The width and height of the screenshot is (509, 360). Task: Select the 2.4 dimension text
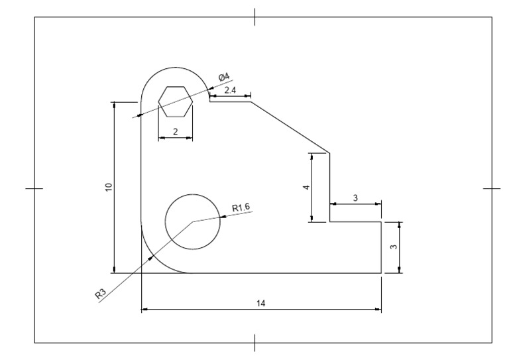tap(230, 90)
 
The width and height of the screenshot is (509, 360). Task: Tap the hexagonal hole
tap(175, 101)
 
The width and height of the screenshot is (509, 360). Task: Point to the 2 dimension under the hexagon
tap(175, 131)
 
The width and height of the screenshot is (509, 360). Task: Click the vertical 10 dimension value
tap(108, 187)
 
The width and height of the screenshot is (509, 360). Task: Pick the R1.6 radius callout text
tap(241, 208)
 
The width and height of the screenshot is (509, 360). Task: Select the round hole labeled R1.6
tap(192, 221)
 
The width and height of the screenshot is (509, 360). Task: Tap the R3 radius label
tap(101, 294)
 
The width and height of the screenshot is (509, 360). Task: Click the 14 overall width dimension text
tap(261, 303)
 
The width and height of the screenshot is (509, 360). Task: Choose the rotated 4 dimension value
tap(306, 188)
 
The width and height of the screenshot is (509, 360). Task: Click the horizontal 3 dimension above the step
tap(355, 198)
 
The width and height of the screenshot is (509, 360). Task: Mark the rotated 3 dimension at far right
tap(393, 247)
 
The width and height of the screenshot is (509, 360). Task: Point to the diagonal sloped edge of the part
tap(290, 127)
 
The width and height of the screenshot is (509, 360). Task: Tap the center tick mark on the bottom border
tap(255, 343)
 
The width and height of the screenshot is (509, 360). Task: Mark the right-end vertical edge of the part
tap(382, 247)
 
